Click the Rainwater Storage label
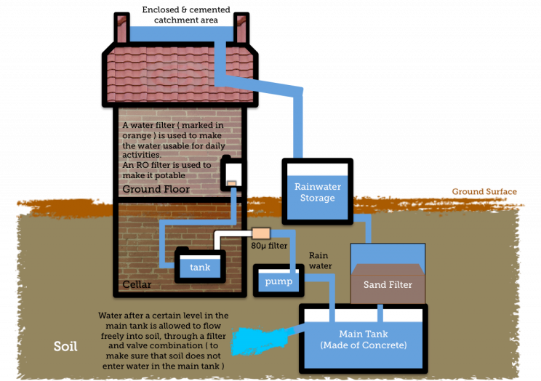tap(318, 193)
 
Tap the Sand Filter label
tap(388, 285)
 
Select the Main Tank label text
tap(363, 339)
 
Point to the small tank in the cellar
tap(200, 266)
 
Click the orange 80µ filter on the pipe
tap(260, 234)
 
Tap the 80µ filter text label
tap(269, 246)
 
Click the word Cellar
tap(137, 284)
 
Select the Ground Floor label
tap(156, 189)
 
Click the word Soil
tap(65, 346)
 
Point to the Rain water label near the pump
tap(321, 260)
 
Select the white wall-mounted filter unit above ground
tap(233, 173)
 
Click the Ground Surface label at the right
tap(485, 191)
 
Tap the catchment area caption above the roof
tap(186, 12)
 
